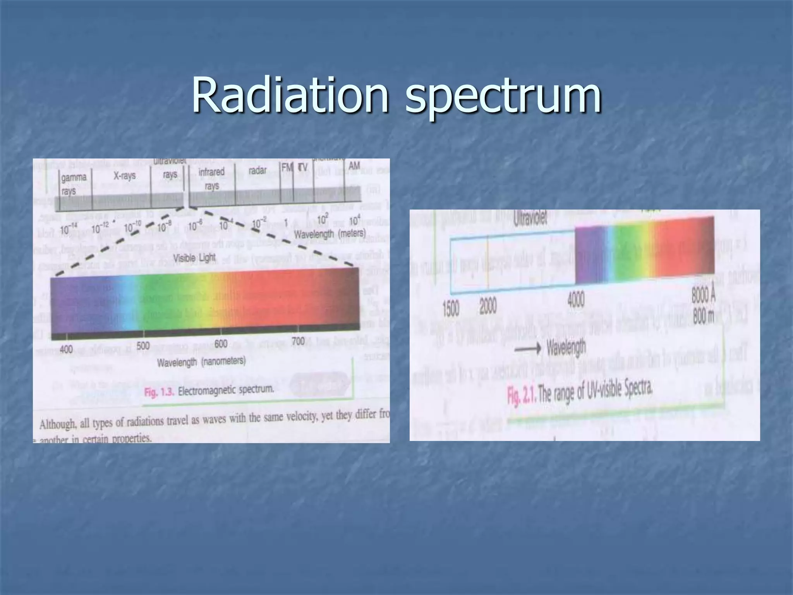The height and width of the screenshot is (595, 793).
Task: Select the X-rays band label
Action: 124,176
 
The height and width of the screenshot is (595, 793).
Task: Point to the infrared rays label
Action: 211,179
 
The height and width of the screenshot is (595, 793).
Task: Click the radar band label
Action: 257,170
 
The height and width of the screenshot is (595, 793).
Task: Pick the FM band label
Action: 287,168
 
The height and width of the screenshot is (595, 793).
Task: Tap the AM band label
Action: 354,166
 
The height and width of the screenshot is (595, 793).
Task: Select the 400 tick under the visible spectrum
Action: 66,349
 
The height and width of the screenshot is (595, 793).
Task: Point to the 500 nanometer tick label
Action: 143,346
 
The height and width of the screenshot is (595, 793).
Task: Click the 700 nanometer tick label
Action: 298,341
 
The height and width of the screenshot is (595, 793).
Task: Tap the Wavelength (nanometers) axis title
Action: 201,362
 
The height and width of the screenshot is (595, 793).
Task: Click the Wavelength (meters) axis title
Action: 330,234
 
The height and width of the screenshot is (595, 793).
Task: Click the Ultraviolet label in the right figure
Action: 530,219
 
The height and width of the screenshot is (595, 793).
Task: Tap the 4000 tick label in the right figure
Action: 576,301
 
